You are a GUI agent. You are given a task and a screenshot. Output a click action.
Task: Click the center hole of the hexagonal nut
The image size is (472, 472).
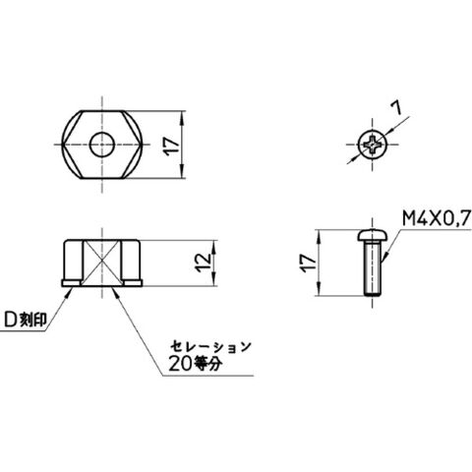pyautogui.click(x=102, y=145)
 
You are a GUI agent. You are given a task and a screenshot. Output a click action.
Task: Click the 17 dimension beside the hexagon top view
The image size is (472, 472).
pyautogui.click(x=172, y=147)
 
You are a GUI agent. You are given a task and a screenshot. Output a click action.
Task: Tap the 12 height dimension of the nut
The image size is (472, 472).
pyautogui.click(x=204, y=263)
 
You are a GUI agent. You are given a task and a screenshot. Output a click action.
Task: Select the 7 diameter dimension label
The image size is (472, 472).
pyautogui.click(x=397, y=108)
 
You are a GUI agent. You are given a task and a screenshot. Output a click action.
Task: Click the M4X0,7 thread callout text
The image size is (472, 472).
pyautogui.click(x=437, y=218)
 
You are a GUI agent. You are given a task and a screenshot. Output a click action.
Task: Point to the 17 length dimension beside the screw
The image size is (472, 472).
pyautogui.click(x=309, y=264)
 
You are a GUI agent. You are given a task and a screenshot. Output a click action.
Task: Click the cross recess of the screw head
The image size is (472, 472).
pyautogui.click(x=373, y=145)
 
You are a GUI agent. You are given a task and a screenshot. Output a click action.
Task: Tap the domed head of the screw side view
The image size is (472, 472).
pyautogui.click(x=373, y=235)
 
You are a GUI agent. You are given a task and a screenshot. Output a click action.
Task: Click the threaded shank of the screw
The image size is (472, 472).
pyautogui.click(x=373, y=267)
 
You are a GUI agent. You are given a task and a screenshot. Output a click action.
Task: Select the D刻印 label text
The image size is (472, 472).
pyautogui.click(x=26, y=320)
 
